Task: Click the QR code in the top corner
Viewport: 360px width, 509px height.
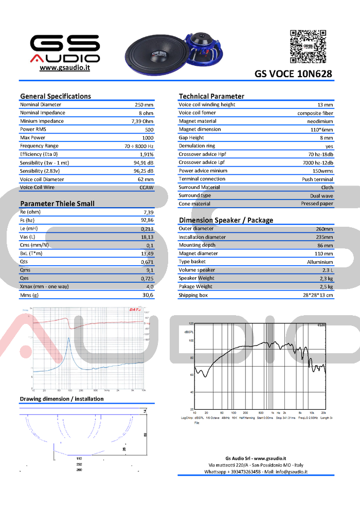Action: pyautogui.click(x=308, y=46)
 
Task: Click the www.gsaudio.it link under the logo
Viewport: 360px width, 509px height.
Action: pyautogui.click(x=65, y=68)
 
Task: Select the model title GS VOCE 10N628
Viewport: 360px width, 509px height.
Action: pyautogui.click(x=293, y=74)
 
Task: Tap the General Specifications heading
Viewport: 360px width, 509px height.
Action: pyautogui.click(x=56, y=96)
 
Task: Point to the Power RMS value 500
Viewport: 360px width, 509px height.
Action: pyautogui.click(x=149, y=130)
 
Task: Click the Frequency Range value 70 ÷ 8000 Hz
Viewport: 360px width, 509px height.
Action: pyautogui.click(x=139, y=146)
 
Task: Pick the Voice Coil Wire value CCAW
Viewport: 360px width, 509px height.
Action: pyautogui.click(x=147, y=188)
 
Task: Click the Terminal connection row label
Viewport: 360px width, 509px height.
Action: pyautogui.click(x=202, y=179)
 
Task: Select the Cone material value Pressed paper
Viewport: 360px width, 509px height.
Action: pyautogui.click(x=317, y=204)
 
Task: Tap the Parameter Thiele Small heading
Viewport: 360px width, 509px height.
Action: pyautogui.click(x=57, y=204)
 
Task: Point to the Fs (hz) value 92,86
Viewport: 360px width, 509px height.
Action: pyautogui.click(x=147, y=220)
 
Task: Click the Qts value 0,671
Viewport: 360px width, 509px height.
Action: pyautogui.click(x=147, y=262)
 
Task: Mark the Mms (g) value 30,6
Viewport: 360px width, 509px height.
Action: pyautogui.click(x=148, y=295)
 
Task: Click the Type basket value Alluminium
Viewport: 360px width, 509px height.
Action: pyautogui.click(x=320, y=262)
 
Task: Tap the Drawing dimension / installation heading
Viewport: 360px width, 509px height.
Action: pyautogui.click(x=62, y=399)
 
